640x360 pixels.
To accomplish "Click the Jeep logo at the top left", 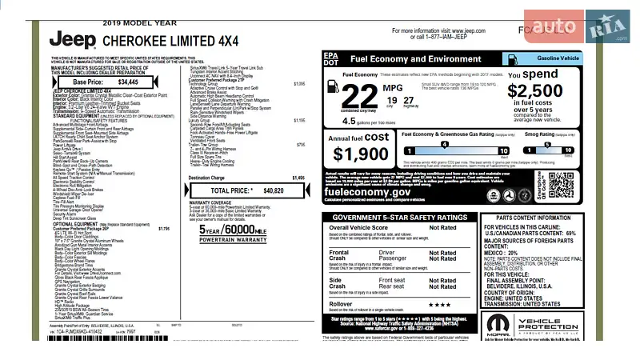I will (73, 39).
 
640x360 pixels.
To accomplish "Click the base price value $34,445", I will (133, 82).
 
